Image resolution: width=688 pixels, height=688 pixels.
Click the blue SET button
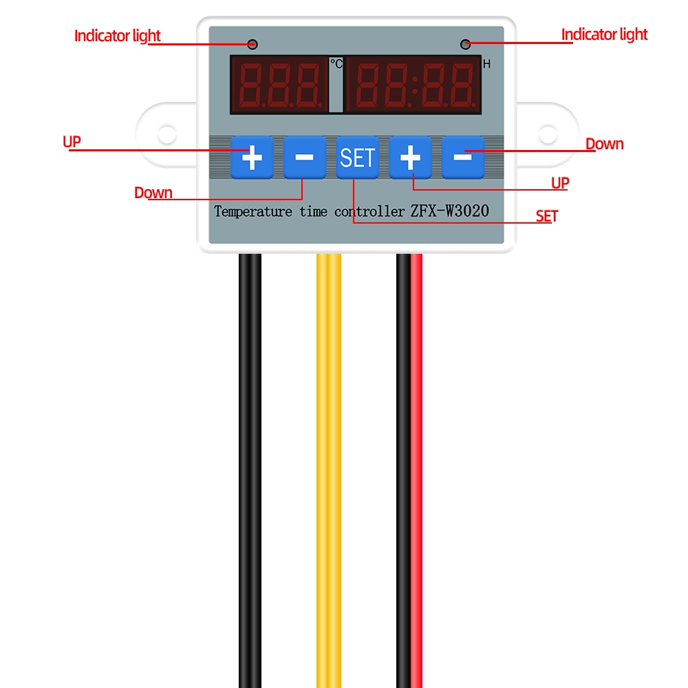[x=357, y=158]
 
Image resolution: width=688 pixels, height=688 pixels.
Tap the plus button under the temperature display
[x=251, y=158]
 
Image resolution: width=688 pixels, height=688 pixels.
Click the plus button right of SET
[x=410, y=158]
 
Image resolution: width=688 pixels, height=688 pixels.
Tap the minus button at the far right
[x=463, y=158]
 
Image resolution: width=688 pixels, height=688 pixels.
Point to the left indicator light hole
[x=252, y=45]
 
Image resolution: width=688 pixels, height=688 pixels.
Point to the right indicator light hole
[x=466, y=45]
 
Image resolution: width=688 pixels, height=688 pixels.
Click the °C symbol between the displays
[x=336, y=63]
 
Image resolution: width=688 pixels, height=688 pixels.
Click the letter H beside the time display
[x=486, y=65]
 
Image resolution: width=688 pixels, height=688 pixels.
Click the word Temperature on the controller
[x=253, y=211]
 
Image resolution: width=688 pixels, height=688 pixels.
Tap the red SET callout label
[x=547, y=216]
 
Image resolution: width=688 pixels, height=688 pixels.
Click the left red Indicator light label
[x=118, y=36]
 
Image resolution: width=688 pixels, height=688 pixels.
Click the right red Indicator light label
[x=604, y=34]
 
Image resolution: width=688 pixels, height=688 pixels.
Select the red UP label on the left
[x=72, y=142]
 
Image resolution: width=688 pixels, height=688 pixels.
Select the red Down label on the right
[x=604, y=144]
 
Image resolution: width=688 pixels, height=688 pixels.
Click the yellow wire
[x=329, y=447]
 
